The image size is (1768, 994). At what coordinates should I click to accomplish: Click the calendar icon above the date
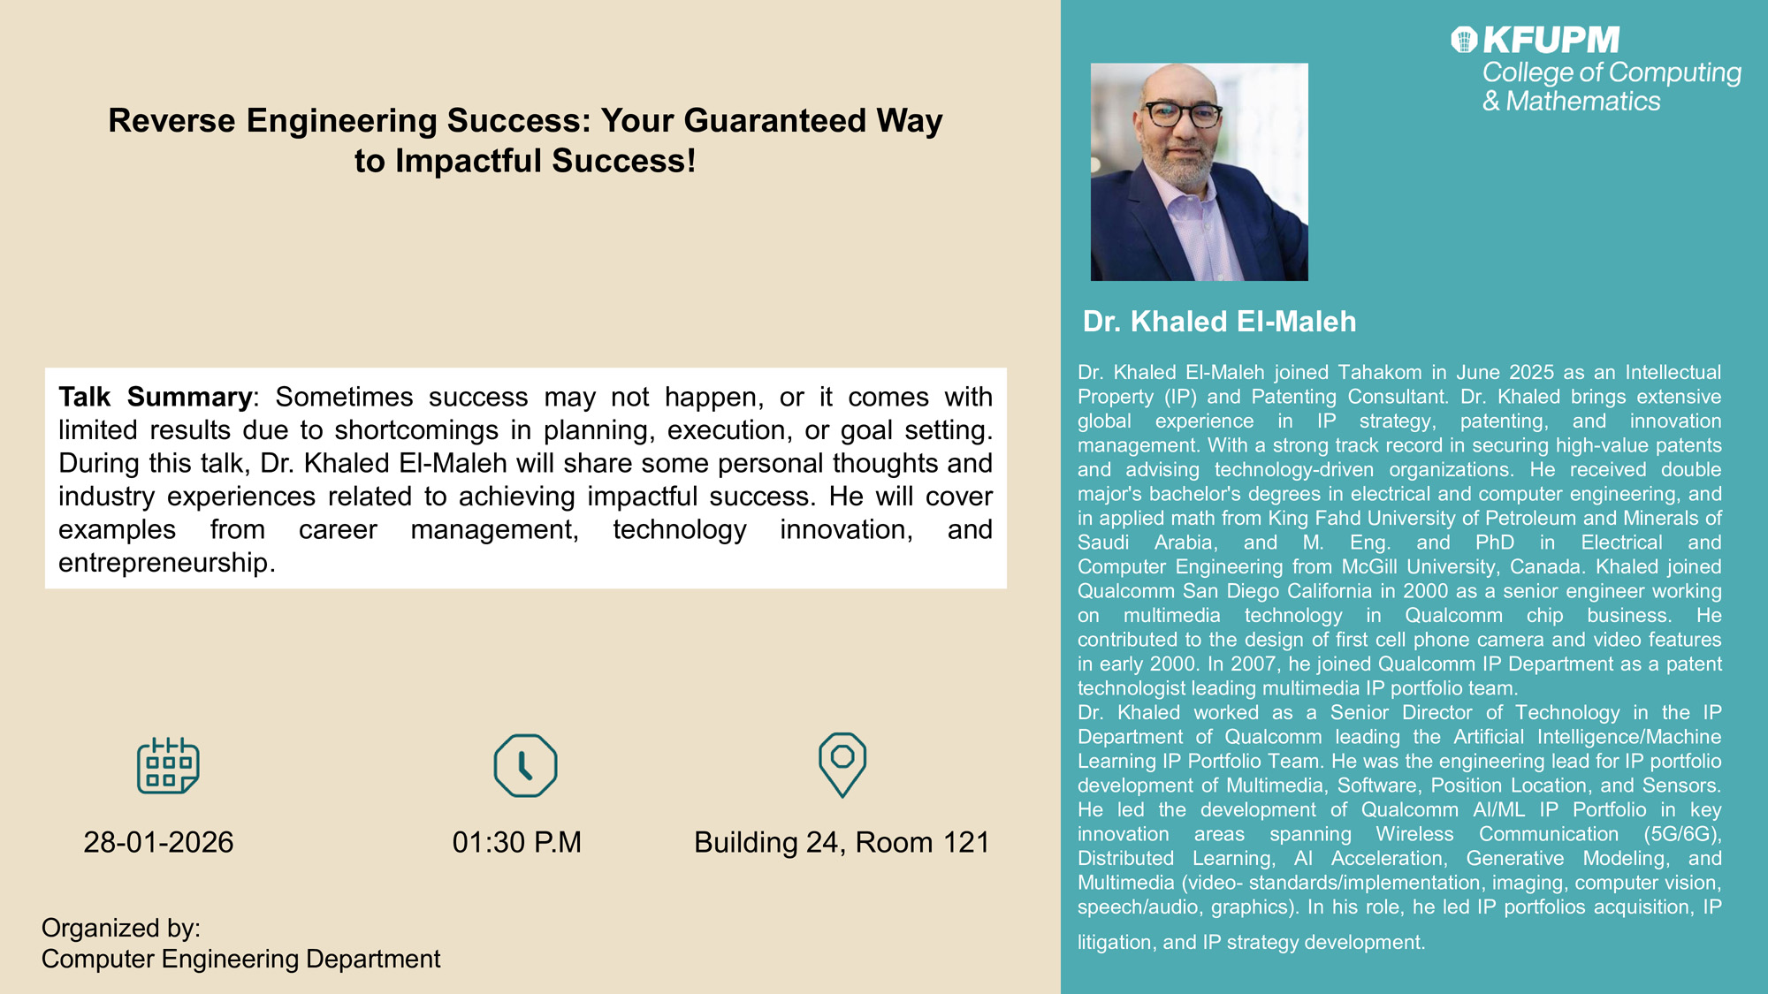(168, 765)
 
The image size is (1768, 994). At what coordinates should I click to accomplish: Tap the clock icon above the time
(525, 765)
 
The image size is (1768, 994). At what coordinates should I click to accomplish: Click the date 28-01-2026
(159, 842)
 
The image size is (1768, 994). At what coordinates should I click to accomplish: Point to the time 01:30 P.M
(517, 842)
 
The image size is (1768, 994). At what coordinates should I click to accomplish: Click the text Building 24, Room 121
(842, 842)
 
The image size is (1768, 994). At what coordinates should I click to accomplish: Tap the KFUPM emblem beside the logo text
(1464, 40)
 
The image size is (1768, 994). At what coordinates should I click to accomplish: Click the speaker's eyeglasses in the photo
(1183, 114)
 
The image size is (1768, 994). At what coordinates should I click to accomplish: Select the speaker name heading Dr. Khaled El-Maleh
(1220, 322)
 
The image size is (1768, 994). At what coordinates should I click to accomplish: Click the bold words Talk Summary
(156, 397)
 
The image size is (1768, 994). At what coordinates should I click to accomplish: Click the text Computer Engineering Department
(240, 959)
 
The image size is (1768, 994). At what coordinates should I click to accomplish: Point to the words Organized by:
(121, 928)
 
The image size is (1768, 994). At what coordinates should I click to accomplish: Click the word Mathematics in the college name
(1583, 101)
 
